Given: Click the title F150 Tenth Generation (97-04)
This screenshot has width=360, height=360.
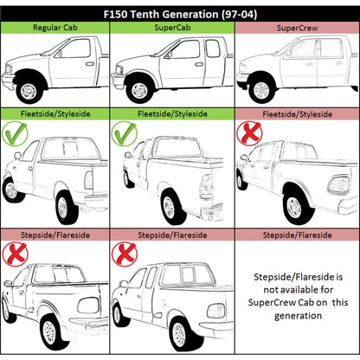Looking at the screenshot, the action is [x=180, y=14].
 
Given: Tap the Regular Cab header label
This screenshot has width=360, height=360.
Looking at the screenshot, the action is [x=55, y=28].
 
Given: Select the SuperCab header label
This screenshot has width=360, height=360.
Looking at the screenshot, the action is [x=172, y=28].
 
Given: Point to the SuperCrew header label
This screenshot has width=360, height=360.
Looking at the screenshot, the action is [x=297, y=28].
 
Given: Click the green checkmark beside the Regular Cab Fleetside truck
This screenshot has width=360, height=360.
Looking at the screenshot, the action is [x=15, y=133].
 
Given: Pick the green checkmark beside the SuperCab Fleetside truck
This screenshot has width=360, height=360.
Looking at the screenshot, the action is [x=124, y=133].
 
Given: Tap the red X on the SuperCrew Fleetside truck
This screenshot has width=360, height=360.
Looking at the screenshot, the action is [x=249, y=133].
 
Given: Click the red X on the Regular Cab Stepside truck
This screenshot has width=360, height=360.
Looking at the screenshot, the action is [x=15, y=254].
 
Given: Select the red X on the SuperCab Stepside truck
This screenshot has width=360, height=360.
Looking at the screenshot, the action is [x=125, y=254].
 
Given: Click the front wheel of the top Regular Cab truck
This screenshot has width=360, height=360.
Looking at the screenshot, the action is [x=29, y=91].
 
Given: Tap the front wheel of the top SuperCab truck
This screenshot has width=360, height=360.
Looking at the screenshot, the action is [x=140, y=91].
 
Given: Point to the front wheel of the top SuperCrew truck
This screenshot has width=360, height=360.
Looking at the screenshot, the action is [x=261, y=91].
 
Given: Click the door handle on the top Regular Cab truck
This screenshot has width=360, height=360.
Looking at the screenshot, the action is [x=90, y=64].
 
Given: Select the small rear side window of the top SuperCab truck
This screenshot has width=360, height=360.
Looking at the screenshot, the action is [x=213, y=48].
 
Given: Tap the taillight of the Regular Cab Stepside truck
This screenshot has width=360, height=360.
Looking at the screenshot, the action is [x=89, y=305].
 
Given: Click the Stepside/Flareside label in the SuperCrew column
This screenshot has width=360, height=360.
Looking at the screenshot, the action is [x=297, y=235].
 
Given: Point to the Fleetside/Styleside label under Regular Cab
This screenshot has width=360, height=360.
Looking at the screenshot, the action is [x=55, y=114].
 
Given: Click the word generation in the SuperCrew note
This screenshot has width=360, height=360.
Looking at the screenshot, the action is [x=298, y=316].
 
